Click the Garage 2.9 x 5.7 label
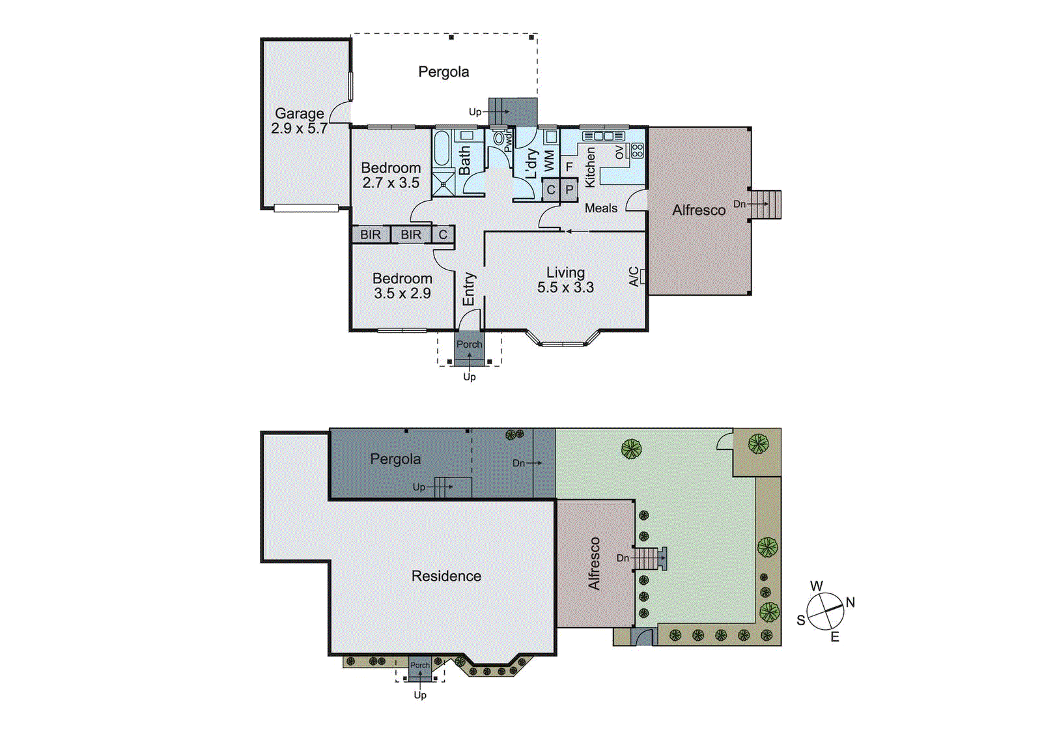click(299, 121)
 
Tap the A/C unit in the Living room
click(642, 276)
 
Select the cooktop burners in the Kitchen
click(637, 151)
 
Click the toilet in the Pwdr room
click(500, 139)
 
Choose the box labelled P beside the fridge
click(569, 190)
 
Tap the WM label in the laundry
click(549, 160)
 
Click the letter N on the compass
click(850, 602)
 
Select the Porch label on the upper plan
click(469, 344)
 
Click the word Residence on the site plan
click(446, 576)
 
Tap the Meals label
click(600, 208)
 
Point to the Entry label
click(469, 289)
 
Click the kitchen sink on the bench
click(603, 136)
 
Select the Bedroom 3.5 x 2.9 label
click(402, 286)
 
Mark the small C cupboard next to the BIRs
click(443, 234)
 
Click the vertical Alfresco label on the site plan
click(594, 563)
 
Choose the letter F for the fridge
click(569, 167)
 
